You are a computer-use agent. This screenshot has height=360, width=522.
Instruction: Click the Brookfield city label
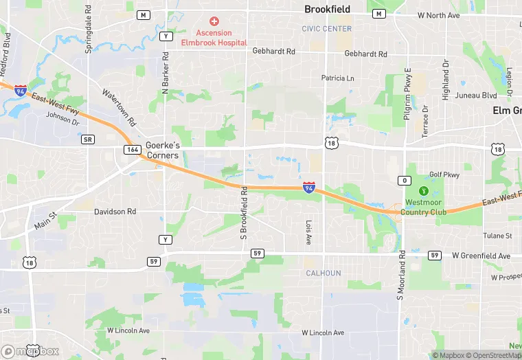click(327, 10)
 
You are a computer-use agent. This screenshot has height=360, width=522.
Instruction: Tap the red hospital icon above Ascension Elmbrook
click(214, 22)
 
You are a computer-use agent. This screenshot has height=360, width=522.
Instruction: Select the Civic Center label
click(327, 29)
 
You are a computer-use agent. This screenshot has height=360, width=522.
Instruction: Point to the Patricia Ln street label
click(338, 78)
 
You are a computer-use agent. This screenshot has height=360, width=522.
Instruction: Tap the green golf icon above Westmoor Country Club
click(424, 190)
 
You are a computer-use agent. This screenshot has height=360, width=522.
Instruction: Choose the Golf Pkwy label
click(444, 175)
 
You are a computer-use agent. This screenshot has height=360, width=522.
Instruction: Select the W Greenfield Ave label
click(481, 256)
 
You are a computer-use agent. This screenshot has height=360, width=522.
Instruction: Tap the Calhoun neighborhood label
click(323, 273)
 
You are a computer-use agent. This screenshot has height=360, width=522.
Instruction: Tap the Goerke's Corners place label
click(162, 150)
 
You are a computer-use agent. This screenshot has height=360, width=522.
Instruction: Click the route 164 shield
click(133, 150)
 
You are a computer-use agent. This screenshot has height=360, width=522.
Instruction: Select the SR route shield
click(87, 139)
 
